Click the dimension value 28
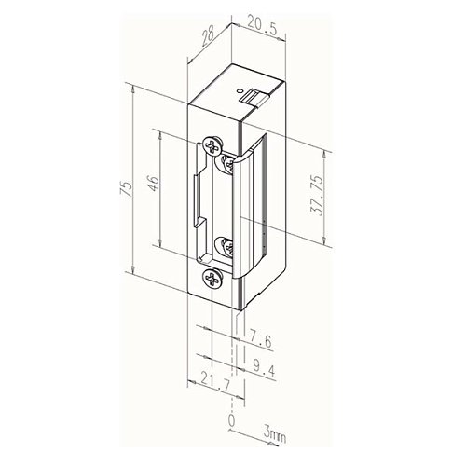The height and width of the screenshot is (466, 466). pos(207,37)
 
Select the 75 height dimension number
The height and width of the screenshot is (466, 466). pos(127,188)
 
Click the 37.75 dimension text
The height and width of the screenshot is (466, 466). pos(317,195)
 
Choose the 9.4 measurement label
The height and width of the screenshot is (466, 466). pos(264,368)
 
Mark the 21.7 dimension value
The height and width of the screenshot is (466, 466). pos(215,382)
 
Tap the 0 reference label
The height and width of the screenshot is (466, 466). pos(232,420)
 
